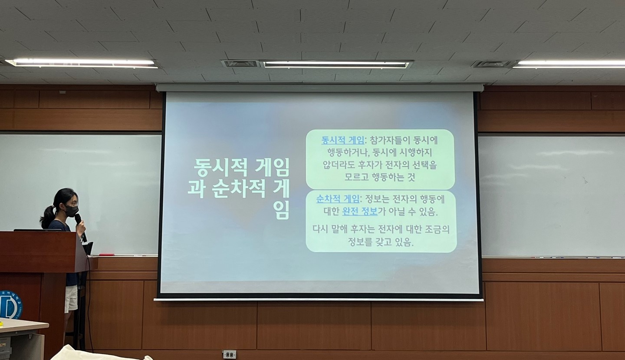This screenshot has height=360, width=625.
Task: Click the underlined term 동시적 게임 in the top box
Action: [342, 140]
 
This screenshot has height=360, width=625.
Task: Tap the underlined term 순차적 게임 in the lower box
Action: [338, 199]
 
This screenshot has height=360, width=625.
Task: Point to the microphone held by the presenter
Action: [80, 227]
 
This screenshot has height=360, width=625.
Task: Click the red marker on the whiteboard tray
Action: [107, 254]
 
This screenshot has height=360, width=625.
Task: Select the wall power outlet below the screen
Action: [229, 354]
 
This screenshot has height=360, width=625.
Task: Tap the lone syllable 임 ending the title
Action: [281, 210]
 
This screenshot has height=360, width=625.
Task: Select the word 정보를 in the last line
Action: [360, 242]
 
